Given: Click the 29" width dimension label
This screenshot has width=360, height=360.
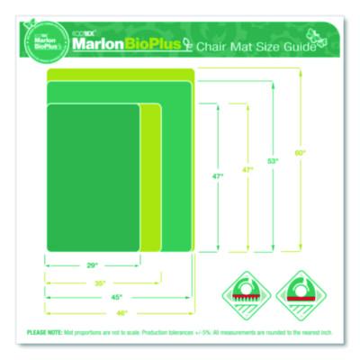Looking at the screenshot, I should (93, 265).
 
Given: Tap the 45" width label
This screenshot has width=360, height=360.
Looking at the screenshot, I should (118, 297).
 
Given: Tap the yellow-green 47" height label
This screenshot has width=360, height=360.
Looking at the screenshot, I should (246, 170).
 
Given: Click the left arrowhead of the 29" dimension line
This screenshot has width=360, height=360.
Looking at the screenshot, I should (48, 265).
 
